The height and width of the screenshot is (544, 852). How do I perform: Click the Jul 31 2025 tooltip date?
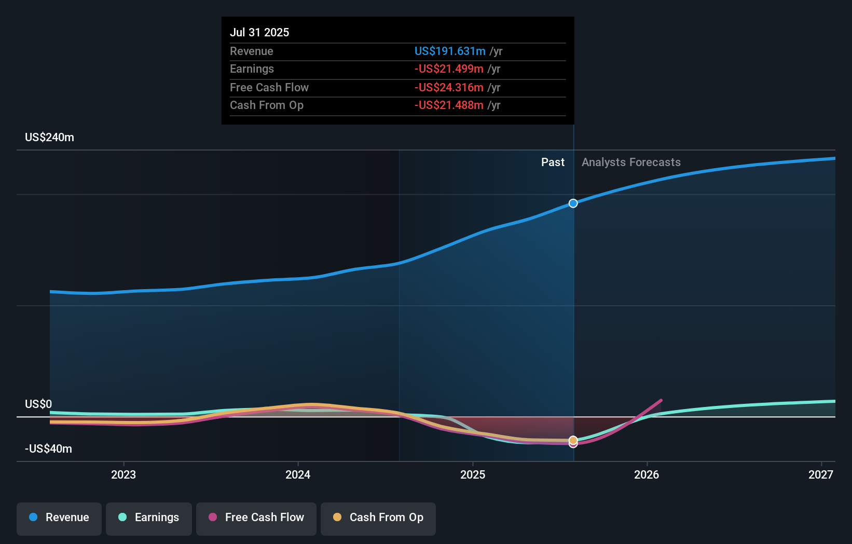259,32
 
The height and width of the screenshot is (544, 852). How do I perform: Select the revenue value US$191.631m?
450,51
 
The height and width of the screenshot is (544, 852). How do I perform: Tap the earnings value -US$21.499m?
449,69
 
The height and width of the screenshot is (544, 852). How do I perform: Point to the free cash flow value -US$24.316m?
449,87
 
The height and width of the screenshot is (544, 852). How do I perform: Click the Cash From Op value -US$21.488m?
449,105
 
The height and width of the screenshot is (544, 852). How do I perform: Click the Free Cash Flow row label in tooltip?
269,87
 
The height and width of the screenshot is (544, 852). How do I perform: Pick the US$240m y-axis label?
49,138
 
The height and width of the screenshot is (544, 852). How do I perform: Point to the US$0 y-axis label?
38,404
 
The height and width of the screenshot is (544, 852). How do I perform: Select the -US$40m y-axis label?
48,448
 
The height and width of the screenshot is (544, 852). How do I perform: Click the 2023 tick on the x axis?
123,474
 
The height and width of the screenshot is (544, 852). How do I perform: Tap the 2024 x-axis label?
298,474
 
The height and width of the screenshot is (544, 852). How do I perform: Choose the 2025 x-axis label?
473,474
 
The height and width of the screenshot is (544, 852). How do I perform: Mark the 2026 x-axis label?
647,474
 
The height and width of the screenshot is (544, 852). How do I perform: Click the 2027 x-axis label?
821,474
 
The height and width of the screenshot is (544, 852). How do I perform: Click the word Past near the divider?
553,162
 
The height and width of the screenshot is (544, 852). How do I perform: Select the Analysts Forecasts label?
631,162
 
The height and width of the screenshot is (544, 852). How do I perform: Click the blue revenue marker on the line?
573,203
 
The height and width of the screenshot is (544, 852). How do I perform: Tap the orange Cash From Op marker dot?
573,440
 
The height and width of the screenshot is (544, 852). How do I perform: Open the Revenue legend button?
59,518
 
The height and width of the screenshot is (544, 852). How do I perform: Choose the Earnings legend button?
149,518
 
